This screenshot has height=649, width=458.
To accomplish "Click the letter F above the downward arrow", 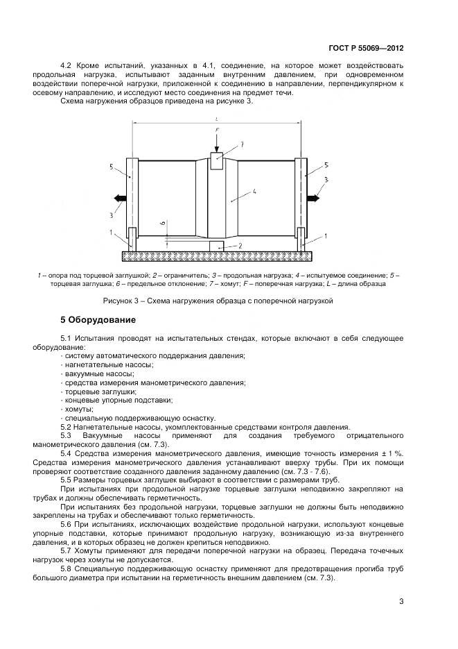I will pos(216,129).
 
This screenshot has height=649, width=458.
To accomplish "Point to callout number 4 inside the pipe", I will pos(255,189).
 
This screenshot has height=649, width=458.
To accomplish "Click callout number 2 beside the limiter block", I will pos(240,246).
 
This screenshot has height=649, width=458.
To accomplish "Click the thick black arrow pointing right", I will pos(315,199).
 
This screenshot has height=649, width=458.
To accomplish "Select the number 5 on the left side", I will pos(110,167).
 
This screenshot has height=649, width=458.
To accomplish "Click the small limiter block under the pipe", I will pos(217,246).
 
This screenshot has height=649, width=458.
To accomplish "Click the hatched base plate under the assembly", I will pos(216,255).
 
